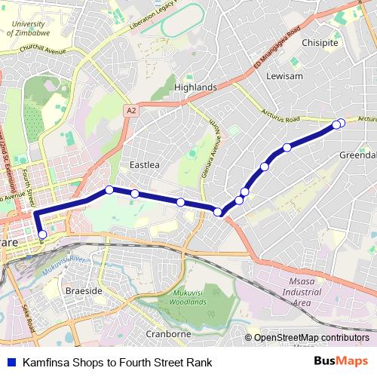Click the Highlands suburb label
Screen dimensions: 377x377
[x=195, y=87]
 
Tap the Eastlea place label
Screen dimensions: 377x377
[x=144, y=164]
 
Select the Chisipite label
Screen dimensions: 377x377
[x=320, y=43]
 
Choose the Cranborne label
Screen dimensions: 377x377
[x=169, y=333]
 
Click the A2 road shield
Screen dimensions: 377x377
[x=132, y=110]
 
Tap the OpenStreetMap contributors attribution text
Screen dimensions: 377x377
[x=311, y=337]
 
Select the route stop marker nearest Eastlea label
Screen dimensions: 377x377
[x=135, y=194]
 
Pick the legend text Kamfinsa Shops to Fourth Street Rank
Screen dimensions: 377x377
[x=112, y=362]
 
